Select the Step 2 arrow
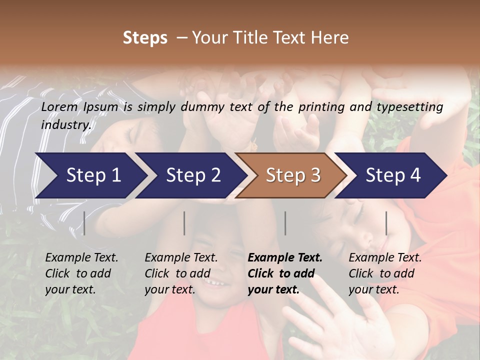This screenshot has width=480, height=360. click(x=192, y=175)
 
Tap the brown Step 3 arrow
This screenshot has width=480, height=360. click(x=292, y=175)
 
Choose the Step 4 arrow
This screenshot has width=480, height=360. click(x=392, y=175)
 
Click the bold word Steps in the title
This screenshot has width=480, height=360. click(x=145, y=38)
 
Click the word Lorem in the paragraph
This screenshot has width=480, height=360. click(x=59, y=107)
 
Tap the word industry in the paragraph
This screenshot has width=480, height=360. click(x=65, y=124)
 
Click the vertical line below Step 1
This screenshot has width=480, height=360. click(x=84, y=223)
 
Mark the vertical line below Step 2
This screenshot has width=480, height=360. click(x=184, y=223)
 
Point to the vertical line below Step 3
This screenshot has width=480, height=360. click(x=285, y=223)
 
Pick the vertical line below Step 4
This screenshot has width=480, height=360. click(x=386, y=223)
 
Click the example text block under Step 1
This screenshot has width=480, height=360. click(x=81, y=273)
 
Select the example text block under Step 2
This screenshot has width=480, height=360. click(x=181, y=273)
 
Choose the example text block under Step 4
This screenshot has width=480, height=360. click(x=385, y=273)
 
